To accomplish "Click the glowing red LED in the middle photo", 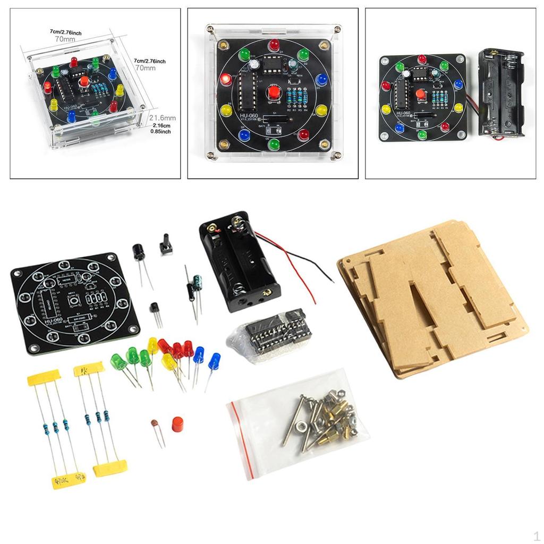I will (x=226, y=80).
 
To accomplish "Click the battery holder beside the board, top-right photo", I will (x=501, y=93).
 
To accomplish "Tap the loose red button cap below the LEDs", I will (x=178, y=424).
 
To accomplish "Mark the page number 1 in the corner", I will (x=536, y=536).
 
